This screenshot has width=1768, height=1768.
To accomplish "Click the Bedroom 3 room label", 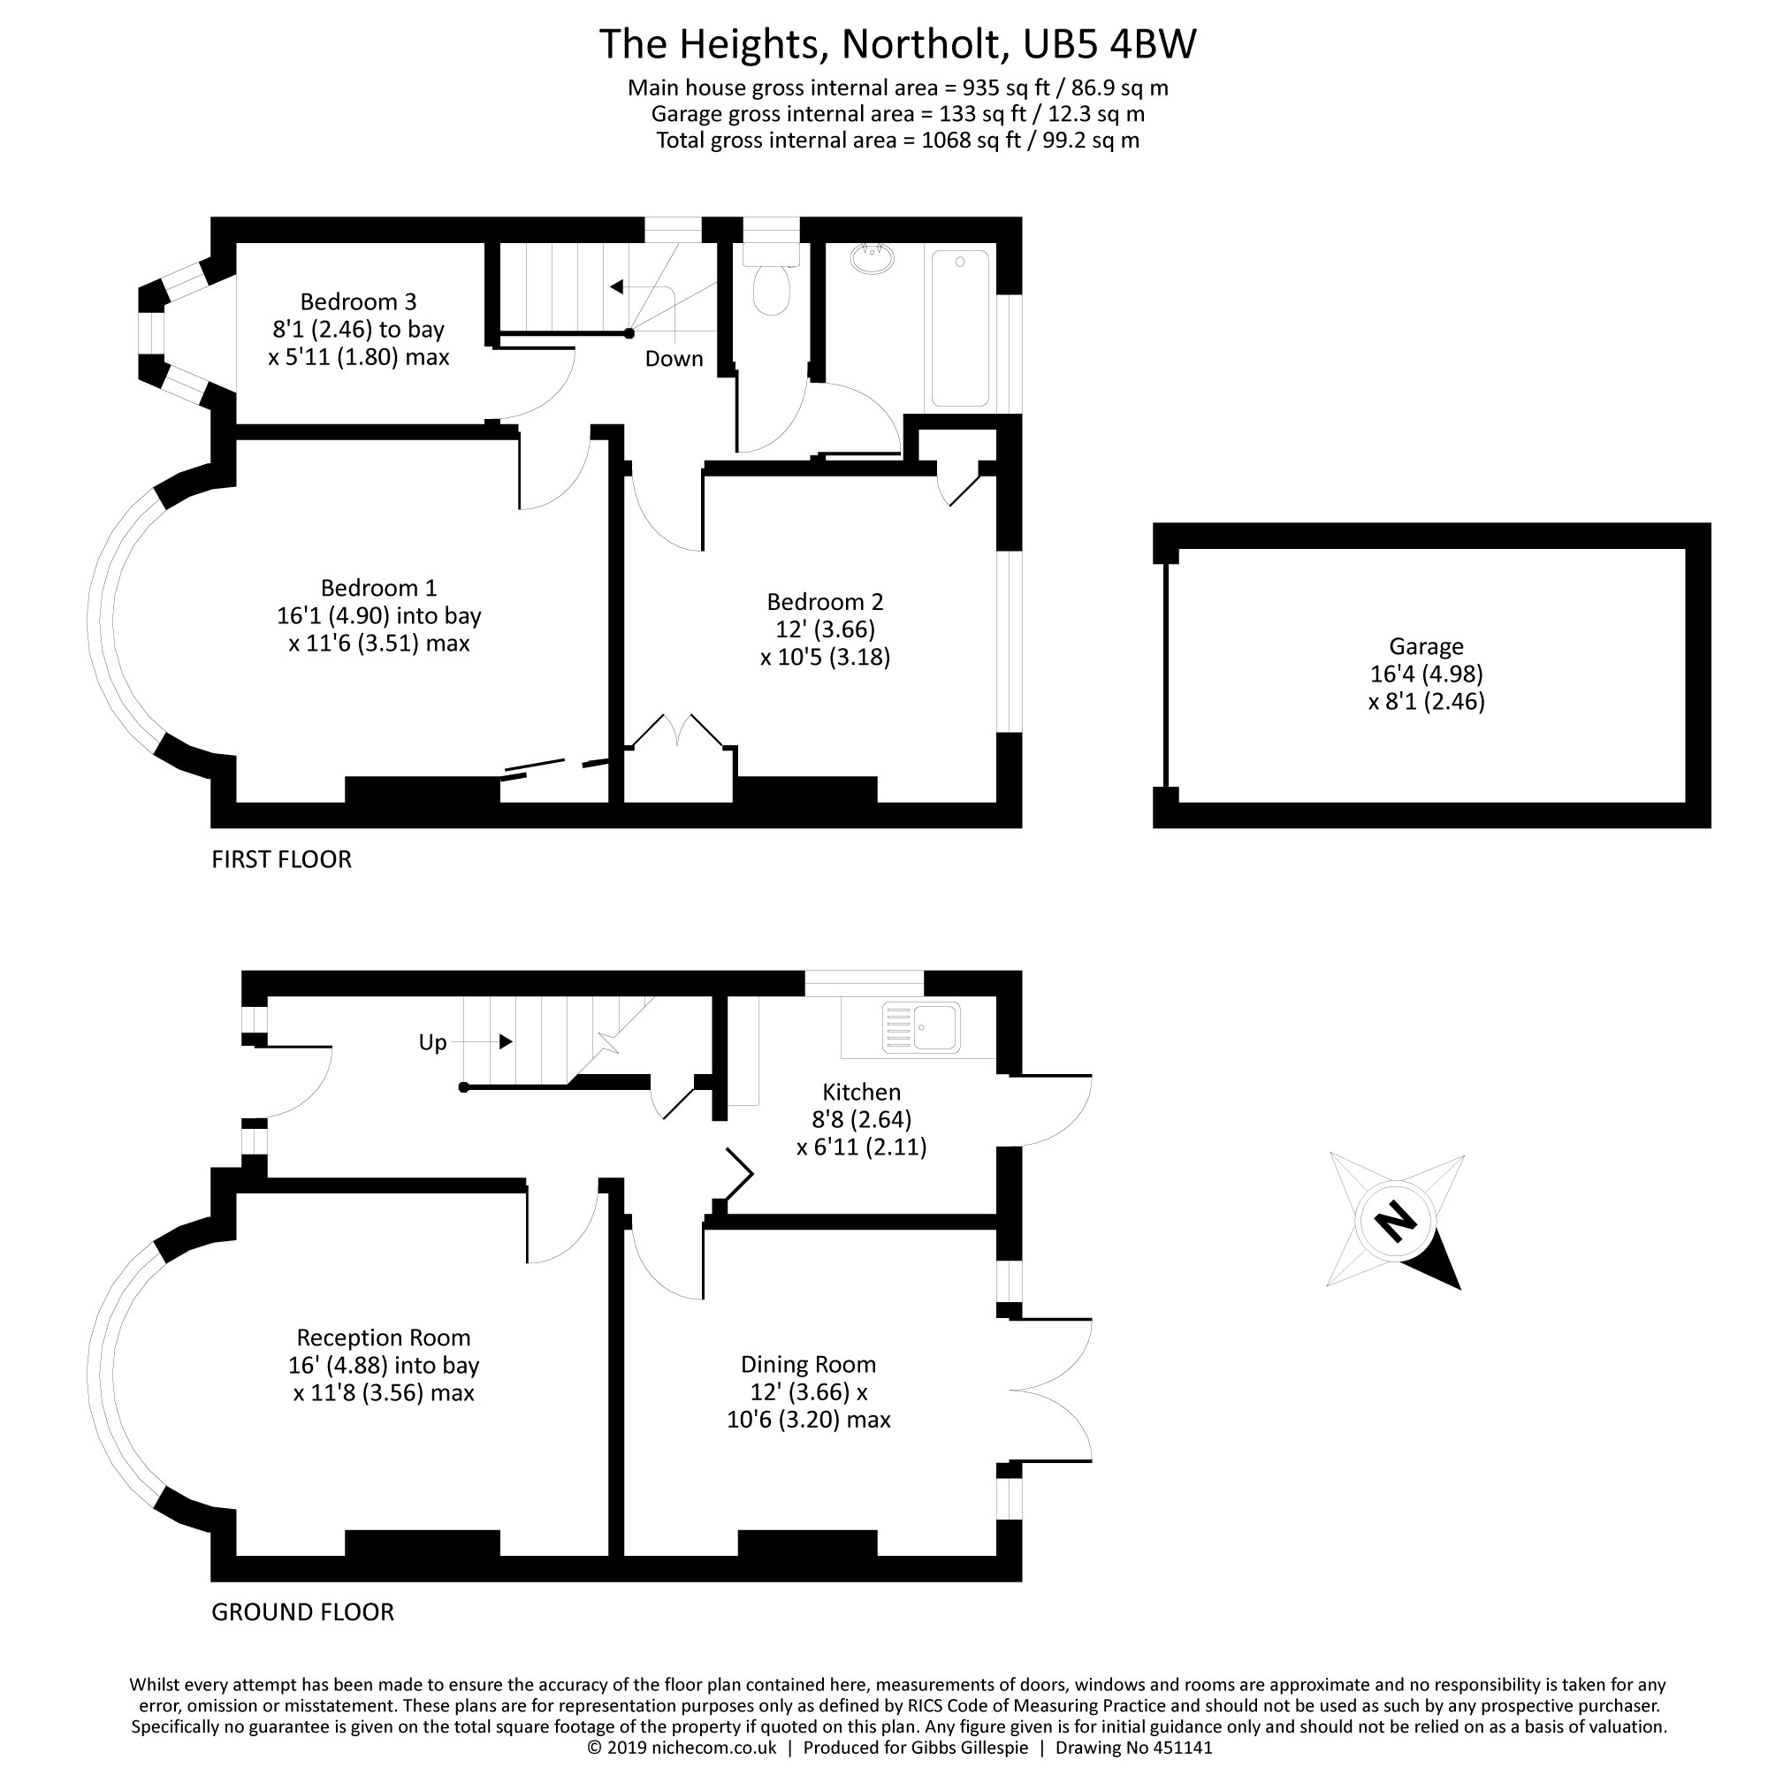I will (358, 302).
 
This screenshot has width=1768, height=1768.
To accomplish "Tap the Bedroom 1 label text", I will (378, 588).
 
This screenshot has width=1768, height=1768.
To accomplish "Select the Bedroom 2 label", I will (825, 602).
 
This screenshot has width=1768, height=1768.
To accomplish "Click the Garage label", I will (1426, 647).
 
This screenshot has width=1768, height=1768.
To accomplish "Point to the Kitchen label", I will (861, 1092).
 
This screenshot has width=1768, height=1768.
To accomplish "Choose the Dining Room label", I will (808, 1364).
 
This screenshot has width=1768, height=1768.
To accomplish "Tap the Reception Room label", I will (384, 1337).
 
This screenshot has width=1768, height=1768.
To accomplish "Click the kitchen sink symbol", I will (920, 1026).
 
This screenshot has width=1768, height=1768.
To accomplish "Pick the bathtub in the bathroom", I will (960, 328).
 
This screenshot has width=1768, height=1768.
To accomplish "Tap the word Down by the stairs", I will (674, 359).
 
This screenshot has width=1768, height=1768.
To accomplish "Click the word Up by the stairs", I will (432, 1042).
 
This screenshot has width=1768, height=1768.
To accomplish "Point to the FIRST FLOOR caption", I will (281, 859).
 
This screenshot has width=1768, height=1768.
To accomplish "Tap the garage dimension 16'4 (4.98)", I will (1426, 674).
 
